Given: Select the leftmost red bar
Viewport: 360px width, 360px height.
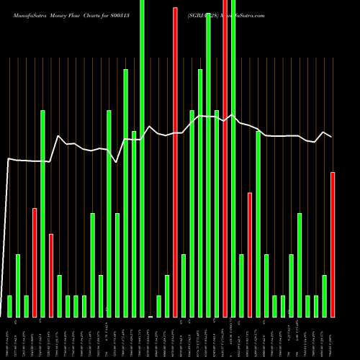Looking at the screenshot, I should click(35, 263).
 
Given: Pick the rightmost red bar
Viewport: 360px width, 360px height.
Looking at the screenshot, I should click(333, 245).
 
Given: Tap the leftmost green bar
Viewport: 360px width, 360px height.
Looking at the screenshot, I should click(9, 306).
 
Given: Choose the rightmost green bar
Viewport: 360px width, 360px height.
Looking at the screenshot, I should click(324, 296).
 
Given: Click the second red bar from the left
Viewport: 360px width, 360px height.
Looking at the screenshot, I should click(51, 276).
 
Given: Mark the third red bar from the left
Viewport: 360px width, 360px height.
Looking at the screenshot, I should click(175, 162).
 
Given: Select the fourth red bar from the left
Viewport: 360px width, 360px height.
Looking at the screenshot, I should click(225, 158).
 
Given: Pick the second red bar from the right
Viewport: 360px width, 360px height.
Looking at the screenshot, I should click(250, 255).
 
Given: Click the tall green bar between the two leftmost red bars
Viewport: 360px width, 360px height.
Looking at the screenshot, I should click(42, 214).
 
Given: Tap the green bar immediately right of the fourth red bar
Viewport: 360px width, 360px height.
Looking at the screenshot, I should click(233, 158).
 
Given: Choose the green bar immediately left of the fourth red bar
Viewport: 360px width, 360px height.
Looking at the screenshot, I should click(217, 214).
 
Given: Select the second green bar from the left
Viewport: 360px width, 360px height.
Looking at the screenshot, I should click(18, 286).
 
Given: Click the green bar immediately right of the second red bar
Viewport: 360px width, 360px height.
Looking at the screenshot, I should click(59, 296).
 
